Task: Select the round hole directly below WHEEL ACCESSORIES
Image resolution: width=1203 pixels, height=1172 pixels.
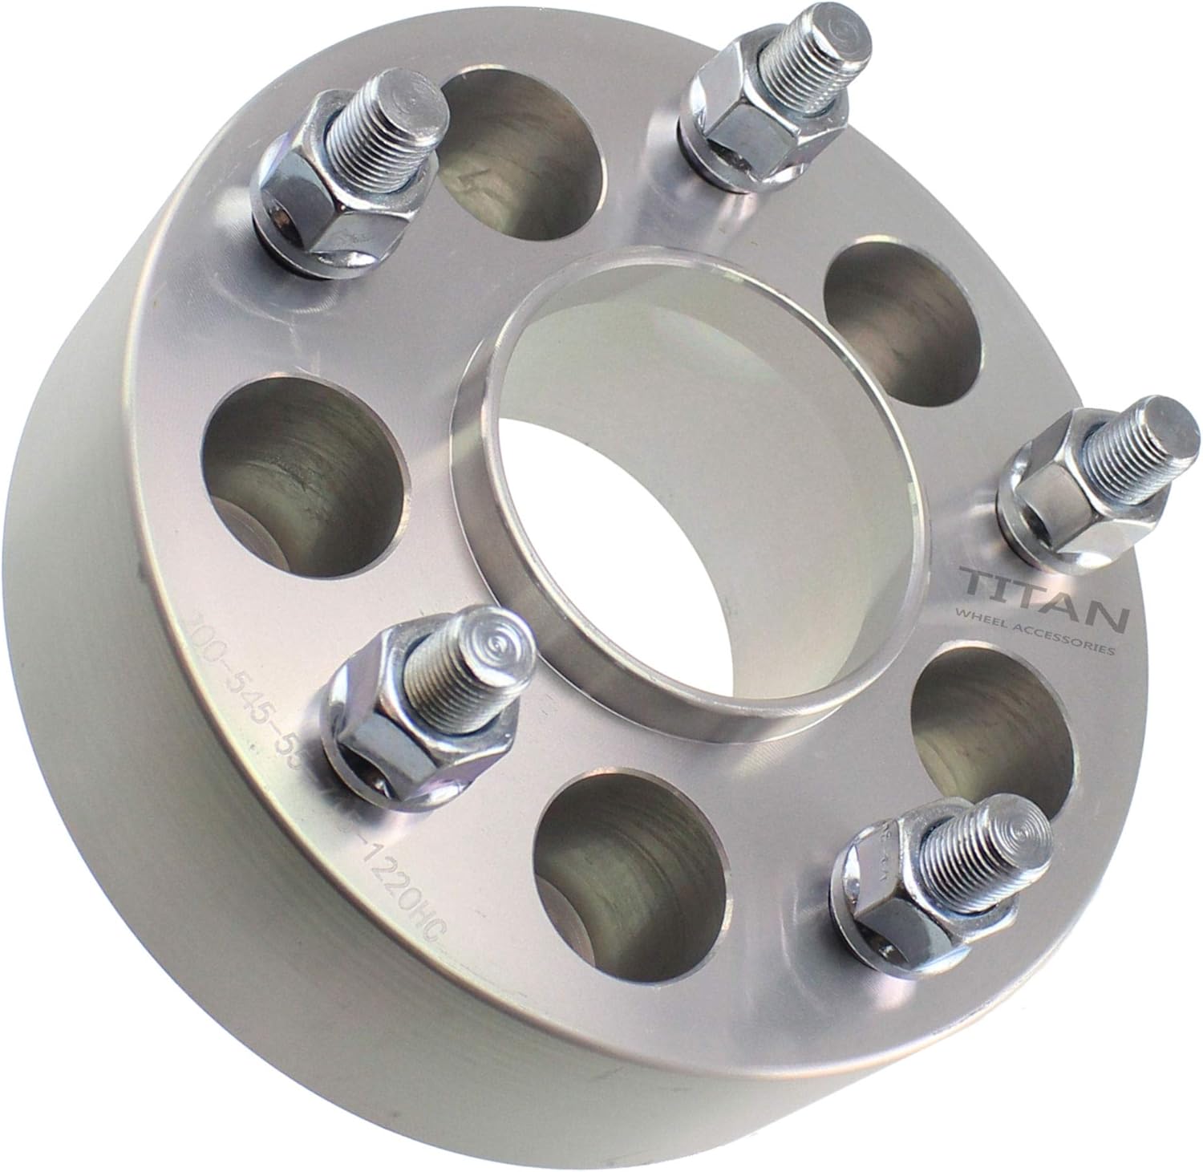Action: pyautogui.click(x=994, y=722)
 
